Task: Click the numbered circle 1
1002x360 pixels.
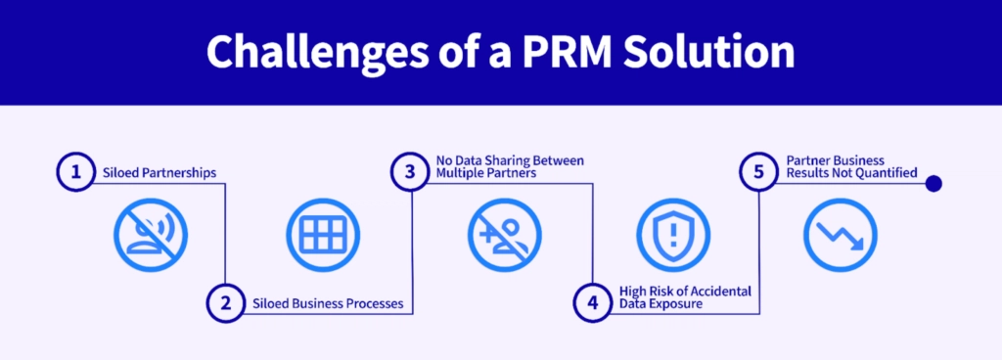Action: point(73,173)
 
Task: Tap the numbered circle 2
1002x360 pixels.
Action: point(225,303)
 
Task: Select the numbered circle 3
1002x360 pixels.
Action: point(409,173)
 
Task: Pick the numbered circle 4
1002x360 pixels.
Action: point(592,303)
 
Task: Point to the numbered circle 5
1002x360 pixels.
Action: point(758,173)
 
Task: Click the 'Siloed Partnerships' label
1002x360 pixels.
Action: point(159,173)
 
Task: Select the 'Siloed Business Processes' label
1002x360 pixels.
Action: point(328,303)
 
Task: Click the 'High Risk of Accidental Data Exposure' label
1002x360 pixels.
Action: point(673,296)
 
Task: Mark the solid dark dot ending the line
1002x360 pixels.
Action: point(933,183)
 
